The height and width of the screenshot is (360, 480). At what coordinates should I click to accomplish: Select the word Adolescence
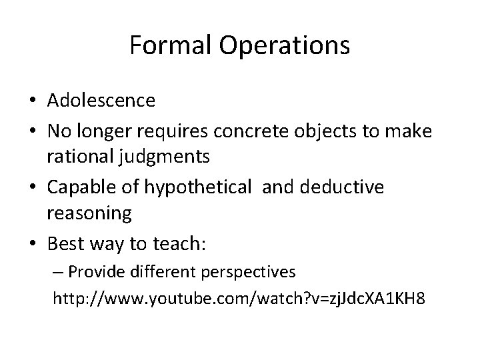click(x=101, y=101)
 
